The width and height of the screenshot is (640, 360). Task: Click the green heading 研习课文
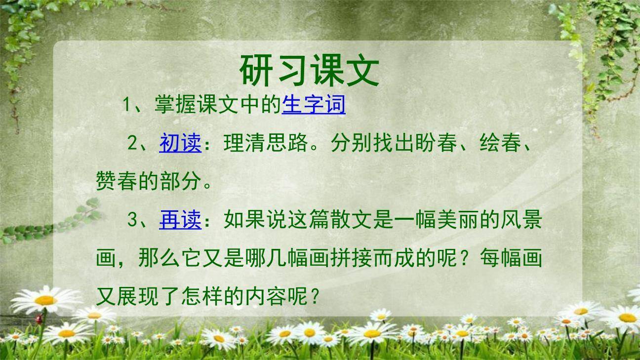(x=310, y=71)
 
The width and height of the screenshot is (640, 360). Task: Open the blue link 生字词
(x=314, y=105)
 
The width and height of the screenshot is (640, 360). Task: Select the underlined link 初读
(x=180, y=143)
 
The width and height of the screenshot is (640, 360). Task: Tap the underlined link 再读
(x=180, y=220)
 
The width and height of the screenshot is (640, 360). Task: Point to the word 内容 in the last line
(x=266, y=296)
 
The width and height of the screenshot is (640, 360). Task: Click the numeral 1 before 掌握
(x=126, y=105)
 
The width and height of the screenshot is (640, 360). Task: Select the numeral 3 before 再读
(x=132, y=220)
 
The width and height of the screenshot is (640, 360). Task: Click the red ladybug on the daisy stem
(x=39, y=320)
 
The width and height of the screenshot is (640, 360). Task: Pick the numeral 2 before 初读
(x=132, y=143)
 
